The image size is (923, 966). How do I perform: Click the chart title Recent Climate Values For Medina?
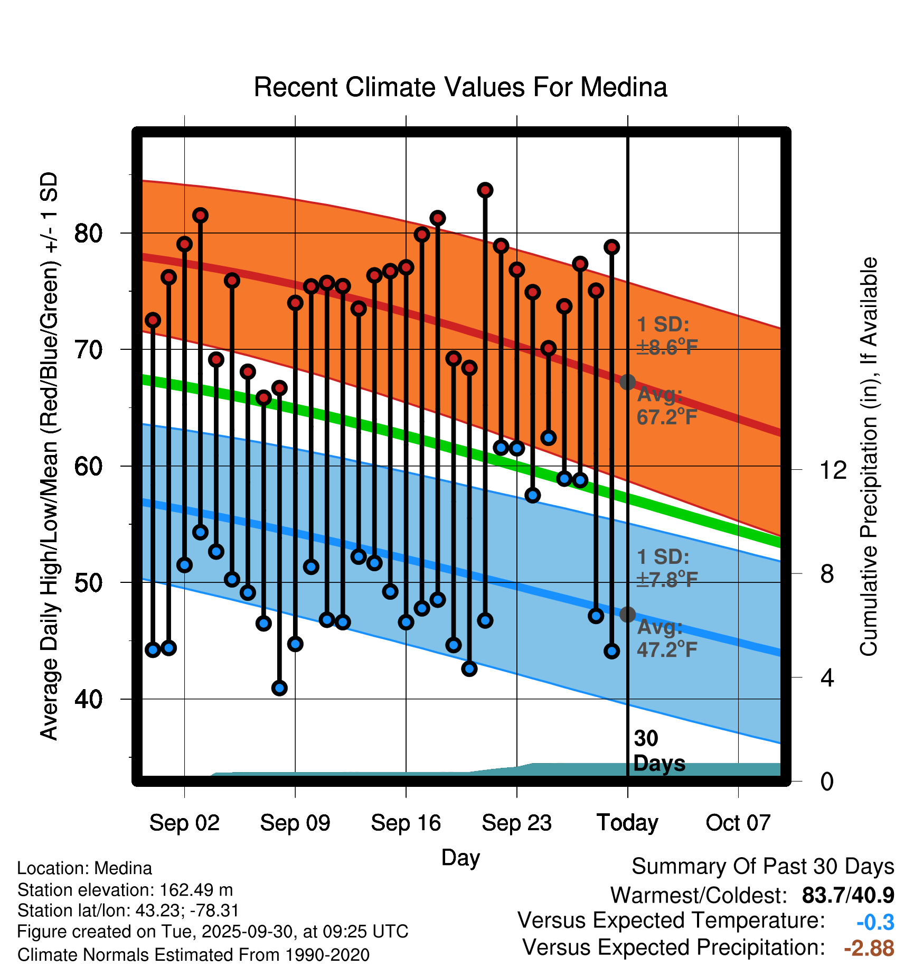(460, 87)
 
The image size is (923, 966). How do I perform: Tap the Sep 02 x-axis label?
(184, 823)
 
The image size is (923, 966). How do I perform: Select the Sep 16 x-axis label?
(406, 823)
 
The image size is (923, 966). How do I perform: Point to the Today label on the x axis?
(627, 823)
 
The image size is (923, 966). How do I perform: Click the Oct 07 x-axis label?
(738, 823)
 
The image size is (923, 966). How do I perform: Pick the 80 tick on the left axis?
(88, 233)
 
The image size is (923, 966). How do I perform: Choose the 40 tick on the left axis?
(88, 699)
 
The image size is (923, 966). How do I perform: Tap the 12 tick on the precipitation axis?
(833, 469)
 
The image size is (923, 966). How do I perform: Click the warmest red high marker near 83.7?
(485, 190)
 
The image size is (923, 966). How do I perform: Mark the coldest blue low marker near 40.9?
(279, 688)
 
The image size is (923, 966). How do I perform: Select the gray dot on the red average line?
(627, 382)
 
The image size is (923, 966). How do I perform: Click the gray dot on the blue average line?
(627, 615)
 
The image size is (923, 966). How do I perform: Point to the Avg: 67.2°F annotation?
(667, 406)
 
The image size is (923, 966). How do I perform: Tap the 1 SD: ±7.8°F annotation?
(667, 569)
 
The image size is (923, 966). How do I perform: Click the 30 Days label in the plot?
(658, 751)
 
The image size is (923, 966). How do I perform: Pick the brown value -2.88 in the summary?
(869, 948)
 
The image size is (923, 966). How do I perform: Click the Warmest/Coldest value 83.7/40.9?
(847, 895)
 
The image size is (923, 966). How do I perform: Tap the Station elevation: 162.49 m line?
(125, 890)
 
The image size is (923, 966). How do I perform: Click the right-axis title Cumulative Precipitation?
(869, 457)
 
